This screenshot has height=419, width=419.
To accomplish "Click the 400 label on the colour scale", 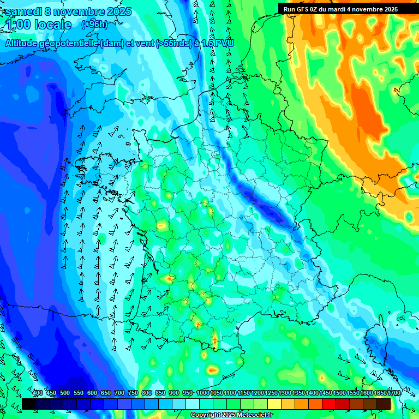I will pos(38,393).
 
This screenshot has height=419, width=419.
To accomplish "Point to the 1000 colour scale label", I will pos(203,393).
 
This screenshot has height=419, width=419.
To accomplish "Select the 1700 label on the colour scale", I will pos(394,393).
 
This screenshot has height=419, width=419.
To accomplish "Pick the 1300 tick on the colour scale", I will pos(285,393).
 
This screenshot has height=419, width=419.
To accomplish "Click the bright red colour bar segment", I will pos(329,404).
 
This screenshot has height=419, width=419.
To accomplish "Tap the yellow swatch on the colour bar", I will pos(274,404).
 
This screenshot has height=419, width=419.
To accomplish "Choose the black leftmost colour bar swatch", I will pos(29,404).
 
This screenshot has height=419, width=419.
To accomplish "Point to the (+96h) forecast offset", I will pos(94,25).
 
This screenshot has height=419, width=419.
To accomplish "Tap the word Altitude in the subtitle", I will pos(21,44).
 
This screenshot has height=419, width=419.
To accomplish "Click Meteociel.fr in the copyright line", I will pos(253,415).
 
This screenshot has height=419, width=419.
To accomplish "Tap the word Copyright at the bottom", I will pos(206,415).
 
